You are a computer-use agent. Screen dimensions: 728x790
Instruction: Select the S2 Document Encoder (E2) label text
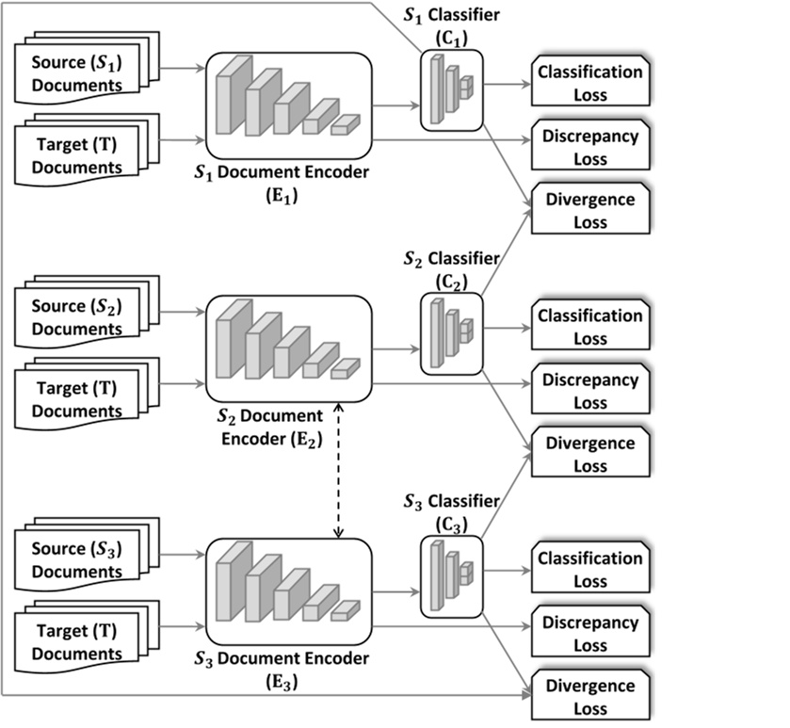pos(271,425)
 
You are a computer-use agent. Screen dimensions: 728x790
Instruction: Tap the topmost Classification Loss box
pos(590,83)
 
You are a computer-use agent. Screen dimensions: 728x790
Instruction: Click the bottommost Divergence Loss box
pos(590,697)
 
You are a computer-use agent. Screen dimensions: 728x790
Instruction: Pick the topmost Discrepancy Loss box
pos(590,147)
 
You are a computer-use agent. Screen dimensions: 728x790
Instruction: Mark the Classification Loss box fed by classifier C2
pos(590,326)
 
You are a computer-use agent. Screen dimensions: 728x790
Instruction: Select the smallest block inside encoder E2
pos(345,368)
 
